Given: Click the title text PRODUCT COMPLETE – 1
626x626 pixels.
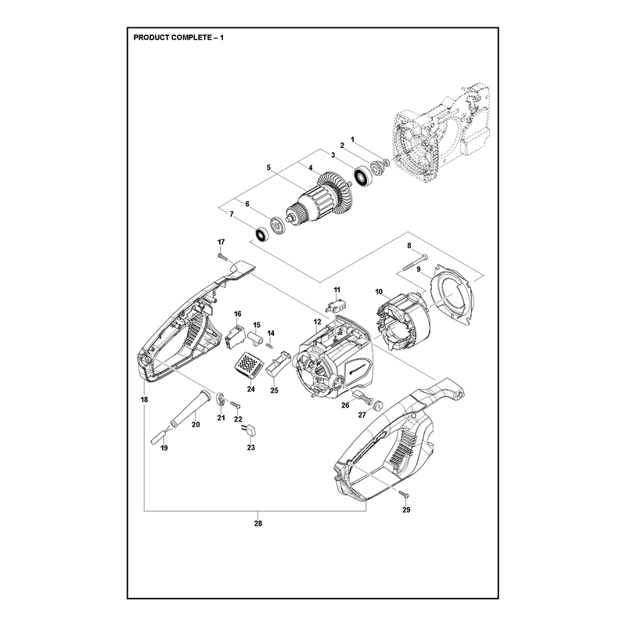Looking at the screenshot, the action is pyautogui.click(x=178, y=38).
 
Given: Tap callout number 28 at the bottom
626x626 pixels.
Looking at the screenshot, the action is pyautogui.click(x=258, y=523).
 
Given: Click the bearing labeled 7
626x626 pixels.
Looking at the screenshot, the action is pyautogui.click(x=262, y=235).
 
